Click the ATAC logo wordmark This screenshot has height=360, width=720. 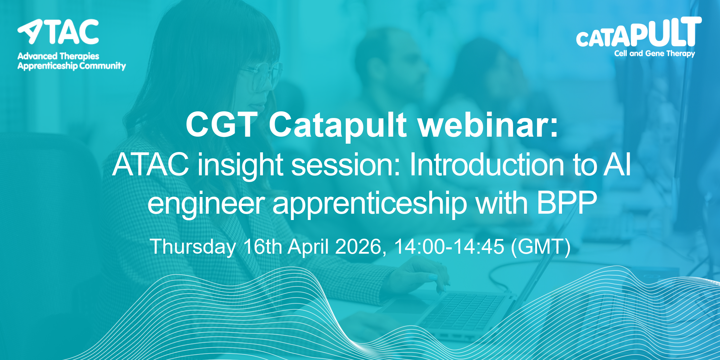[58, 32]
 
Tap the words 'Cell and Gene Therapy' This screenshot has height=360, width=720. [655, 54]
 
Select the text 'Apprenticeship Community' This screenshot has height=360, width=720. [72, 66]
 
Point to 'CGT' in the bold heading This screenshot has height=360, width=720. [222, 124]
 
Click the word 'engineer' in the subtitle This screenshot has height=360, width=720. [206, 204]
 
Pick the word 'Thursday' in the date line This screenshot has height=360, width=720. [193, 247]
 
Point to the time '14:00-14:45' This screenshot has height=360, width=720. [449, 247]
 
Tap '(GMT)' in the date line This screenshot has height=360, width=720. [541, 247]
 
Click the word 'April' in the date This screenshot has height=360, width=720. [308, 247]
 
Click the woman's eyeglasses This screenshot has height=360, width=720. [262, 75]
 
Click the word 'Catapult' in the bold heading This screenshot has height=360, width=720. [338, 125]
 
